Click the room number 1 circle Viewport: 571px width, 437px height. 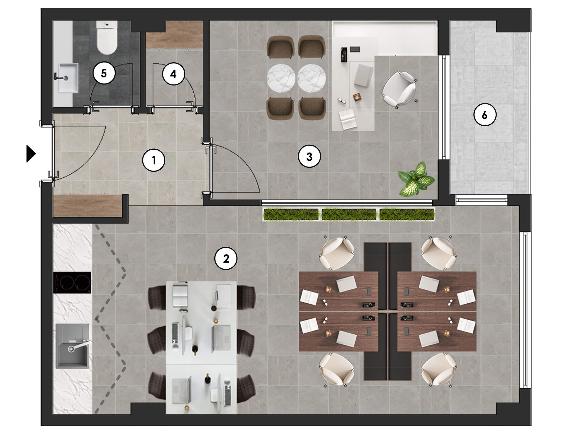[153, 160]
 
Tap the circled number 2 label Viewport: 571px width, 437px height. [226, 258]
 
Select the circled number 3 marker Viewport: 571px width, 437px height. [309, 156]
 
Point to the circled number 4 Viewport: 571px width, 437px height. [173, 74]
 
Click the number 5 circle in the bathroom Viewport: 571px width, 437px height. [104, 73]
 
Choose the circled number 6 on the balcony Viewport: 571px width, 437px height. [485, 115]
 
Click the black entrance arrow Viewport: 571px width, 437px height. [31, 153]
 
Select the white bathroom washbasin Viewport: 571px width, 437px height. [68, 78]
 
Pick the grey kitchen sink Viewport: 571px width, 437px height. [72, 346]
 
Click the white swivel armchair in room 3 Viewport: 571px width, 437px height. [399, 89]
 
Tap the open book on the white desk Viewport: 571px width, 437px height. [348, 119]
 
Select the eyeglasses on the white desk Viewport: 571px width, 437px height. [342, 101]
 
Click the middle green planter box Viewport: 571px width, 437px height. [349, 214]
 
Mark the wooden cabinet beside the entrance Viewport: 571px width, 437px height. [88, 206]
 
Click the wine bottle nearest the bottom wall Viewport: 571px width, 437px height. [207, 378]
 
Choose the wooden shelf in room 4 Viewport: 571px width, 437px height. [174, 34]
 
